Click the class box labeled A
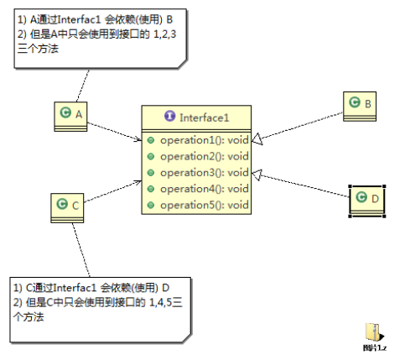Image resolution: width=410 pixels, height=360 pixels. click(70, 117)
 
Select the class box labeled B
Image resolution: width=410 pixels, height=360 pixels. click(360, 107)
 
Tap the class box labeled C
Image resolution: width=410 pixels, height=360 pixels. click(67, 208)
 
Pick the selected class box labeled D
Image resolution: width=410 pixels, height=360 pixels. click(367, 201)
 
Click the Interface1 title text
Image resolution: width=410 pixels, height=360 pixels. click(205, 117)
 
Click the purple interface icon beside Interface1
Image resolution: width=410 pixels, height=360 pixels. click(170, 116)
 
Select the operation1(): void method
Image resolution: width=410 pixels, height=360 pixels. click(205, 140)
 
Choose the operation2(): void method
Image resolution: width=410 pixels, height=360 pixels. click(205, 156)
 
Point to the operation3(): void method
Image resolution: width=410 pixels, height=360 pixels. click(205, 172)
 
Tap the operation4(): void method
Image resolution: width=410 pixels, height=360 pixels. click(205, 189)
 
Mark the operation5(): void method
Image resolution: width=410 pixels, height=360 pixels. click(205, 205)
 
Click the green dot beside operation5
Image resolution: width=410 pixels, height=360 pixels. click(151, 206)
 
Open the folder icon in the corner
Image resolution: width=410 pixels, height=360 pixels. click(375, 332)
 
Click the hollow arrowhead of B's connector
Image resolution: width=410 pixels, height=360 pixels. click(257, 139)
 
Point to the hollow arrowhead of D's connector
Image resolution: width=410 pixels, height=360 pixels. click(257, 175)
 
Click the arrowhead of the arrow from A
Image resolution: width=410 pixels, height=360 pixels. click(138, 139)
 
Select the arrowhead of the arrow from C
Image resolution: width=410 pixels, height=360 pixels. click(138, 183)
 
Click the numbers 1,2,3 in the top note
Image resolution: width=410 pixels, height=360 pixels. click(165, 34)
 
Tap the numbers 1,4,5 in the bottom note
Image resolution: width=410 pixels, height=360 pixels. click(160, 302)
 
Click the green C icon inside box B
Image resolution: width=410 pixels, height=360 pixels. click(355, 102)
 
